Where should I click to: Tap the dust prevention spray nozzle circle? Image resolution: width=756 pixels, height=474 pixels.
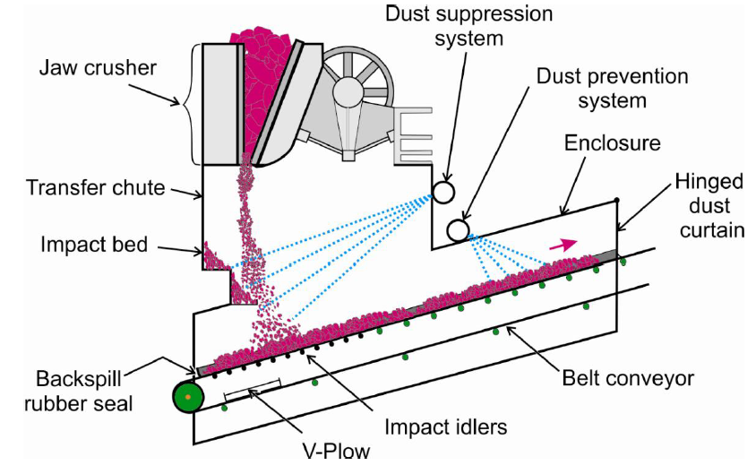(458, 230)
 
